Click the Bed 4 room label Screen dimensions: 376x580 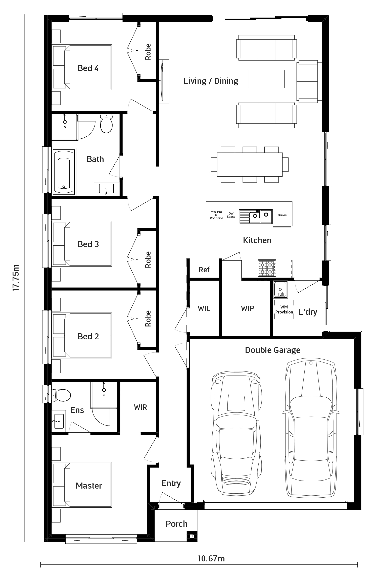click(88, 68)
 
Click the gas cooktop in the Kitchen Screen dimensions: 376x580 click(267, 268)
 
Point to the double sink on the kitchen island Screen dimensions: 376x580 click(256, 217)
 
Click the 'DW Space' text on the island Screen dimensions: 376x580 click(231, 215)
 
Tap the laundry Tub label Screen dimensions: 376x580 click(280, 294)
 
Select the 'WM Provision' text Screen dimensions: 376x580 click(284, 309)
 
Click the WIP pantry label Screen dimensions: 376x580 click(248, 308)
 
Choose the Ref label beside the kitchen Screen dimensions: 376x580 click(204, 270)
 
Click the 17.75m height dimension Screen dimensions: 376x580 click(16, 278)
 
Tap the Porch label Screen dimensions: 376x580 click(176, 524)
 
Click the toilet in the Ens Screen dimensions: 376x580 click(61, 395)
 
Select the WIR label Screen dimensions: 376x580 click(140, 407)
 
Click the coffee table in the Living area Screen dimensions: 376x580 click(267, 79)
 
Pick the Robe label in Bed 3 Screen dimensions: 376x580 click(148, 260)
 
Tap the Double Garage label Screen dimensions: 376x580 click(273, 350)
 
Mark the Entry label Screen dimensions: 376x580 click(171, 483)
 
